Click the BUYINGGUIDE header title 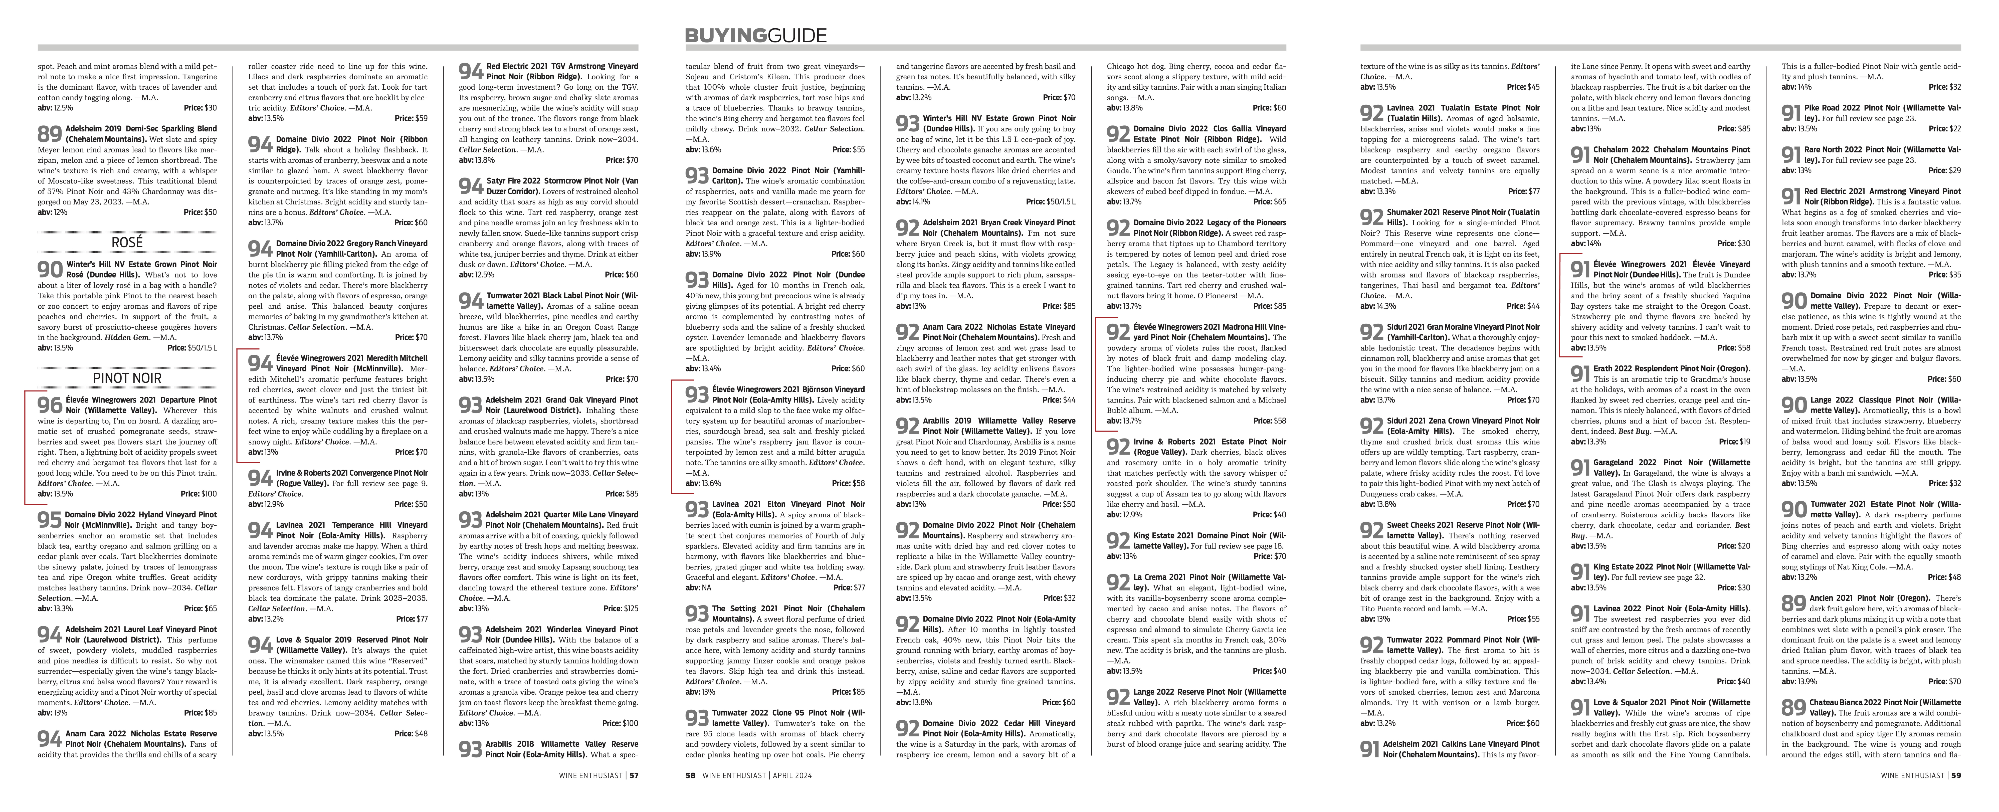pos(755,35)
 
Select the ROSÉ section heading pos(127,242)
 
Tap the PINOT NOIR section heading pos(127,378)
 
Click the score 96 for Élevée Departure pos(50,405)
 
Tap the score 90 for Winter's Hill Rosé pos(50,269)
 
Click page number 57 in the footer pos(634,775)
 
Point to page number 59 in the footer pos(1955,775)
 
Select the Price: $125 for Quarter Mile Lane pos(621,608)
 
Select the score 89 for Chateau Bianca pos(1793,707)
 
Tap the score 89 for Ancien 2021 pos(1793,603)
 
